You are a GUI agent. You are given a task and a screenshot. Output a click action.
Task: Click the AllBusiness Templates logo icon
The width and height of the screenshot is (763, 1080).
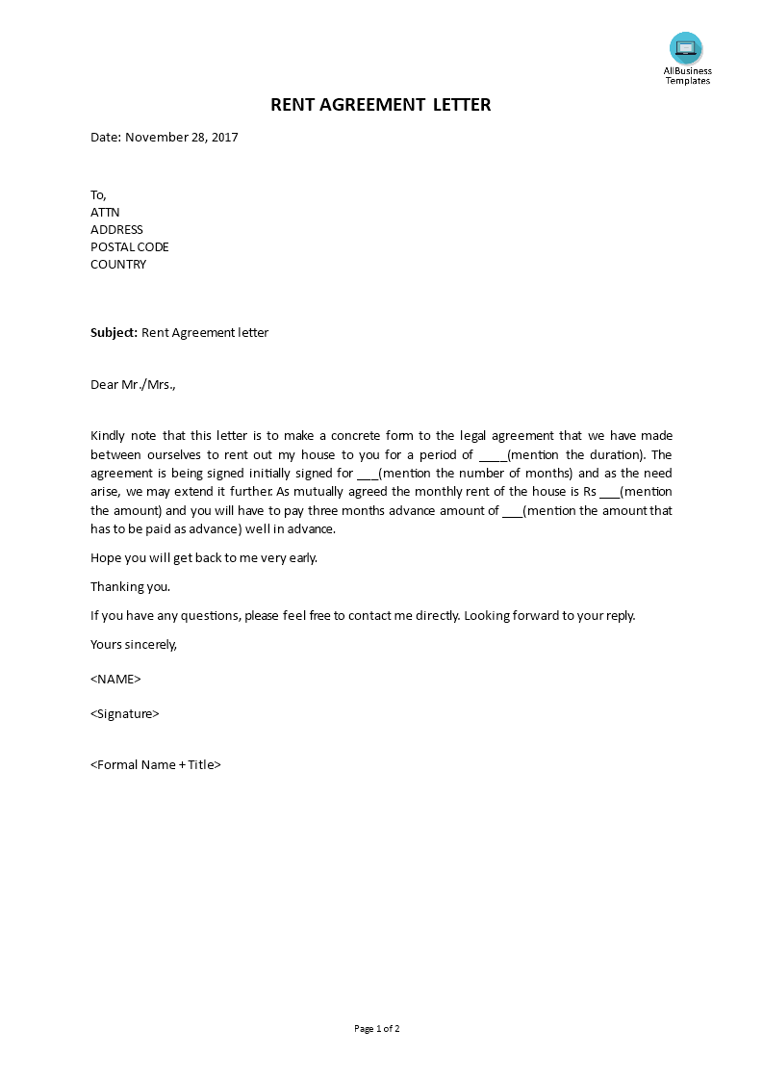(686, 48)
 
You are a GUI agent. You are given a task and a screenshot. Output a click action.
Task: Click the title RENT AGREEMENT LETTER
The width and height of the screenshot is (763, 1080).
(380, 105)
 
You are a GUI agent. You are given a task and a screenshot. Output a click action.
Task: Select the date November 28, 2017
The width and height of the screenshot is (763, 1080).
(181, 137)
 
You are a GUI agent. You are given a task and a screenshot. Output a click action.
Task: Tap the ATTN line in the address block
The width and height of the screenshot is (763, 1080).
(105, 213)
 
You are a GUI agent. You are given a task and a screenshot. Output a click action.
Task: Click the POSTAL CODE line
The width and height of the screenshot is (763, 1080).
(129, 247)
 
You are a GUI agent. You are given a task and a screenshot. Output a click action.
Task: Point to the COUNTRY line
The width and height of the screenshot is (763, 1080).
(118, 265)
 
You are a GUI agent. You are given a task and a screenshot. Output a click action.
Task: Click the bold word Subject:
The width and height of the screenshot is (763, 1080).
(114, 333)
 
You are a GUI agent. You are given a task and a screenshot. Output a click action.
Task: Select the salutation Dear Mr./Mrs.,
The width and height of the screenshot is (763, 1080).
(134, 385)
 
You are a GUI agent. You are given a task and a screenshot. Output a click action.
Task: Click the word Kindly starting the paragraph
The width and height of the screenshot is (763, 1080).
(108, 437)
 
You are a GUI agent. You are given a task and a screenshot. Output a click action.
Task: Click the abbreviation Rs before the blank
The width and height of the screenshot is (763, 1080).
(590, 492)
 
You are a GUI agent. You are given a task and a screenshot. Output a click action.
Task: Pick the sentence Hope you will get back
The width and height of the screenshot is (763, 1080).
(203, 557)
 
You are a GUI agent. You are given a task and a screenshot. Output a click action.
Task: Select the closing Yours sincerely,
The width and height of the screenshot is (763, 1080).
(134, 644)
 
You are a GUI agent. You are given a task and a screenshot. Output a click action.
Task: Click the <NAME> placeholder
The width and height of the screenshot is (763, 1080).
(115, 679)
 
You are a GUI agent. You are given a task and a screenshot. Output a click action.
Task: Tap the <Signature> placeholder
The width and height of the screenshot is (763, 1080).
(124, 713)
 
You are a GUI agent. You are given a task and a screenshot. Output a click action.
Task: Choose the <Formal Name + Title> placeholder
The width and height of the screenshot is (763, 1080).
(156, 765)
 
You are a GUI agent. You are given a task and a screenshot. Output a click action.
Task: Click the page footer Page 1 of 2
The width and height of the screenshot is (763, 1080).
(377, 1029)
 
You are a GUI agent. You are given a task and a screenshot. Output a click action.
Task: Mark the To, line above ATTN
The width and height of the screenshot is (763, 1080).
(98, 195)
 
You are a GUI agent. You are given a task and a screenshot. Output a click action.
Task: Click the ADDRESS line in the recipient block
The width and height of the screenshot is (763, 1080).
(116, 230)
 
